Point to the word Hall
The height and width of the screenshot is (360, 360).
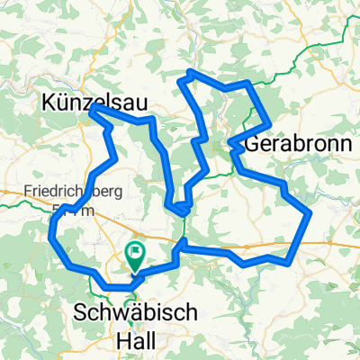tap(137, 342)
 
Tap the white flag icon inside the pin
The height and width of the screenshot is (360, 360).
tap(137, 253)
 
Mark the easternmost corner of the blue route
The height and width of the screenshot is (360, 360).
tap(310, 213)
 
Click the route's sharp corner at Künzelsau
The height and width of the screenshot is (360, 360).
tap(93, 107)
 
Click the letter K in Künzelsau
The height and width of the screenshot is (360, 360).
tap(49, 103)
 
